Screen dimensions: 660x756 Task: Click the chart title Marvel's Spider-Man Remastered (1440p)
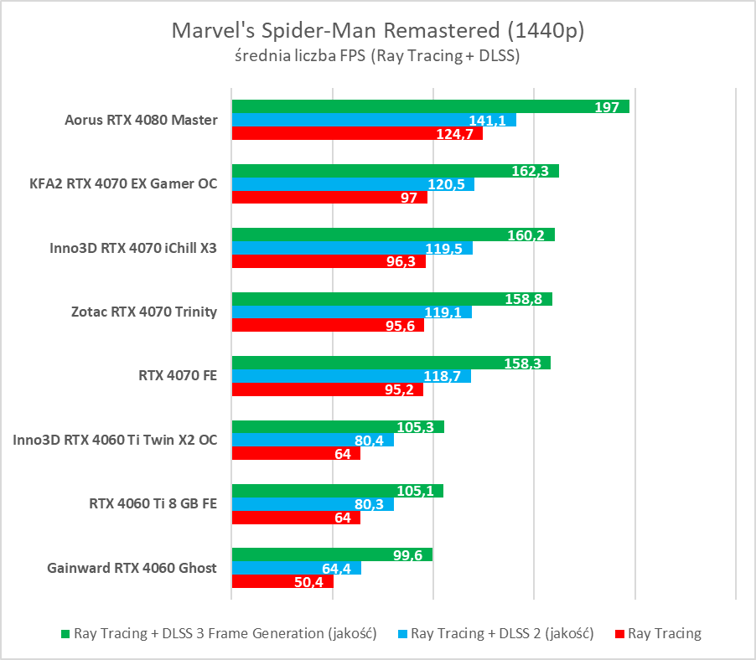point(377,31)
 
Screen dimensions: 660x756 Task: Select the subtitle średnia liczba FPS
point(377,56)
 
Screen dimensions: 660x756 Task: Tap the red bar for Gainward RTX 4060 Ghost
point(282,581)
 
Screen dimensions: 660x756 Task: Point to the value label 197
point(606,107)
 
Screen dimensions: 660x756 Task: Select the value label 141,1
point(487,121)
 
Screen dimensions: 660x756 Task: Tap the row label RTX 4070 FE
point(178,375)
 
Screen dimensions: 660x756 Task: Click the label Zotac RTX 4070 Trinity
point(145,312)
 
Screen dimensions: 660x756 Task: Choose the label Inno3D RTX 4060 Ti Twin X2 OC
point(116,439)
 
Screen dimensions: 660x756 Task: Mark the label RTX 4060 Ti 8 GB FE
point(153,503)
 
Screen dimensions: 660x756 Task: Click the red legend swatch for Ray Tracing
point(619,634)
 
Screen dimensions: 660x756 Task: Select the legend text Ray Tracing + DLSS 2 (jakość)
point(502,634)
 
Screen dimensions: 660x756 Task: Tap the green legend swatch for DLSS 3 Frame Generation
point(65,634)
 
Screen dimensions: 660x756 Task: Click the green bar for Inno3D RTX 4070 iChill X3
point(392,235)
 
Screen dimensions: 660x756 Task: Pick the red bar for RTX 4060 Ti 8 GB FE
point(295,518)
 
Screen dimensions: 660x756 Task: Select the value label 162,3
point(529,171)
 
